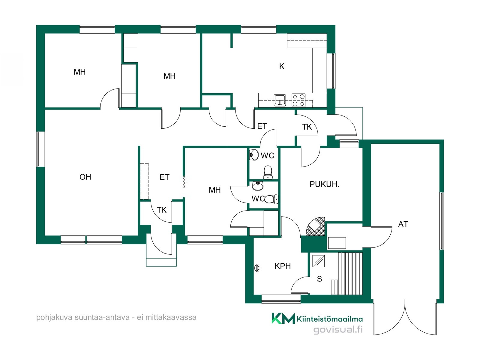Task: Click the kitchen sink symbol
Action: point(280,100)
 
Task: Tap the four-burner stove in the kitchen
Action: point(299,100)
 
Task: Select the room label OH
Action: point(85,177)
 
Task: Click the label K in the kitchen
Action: point(282,66)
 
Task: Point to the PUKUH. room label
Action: point(325,184)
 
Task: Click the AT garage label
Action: point(403,224)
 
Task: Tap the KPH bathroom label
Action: point(283,266)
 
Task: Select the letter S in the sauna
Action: point(319,279)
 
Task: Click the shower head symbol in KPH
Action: point(257,268)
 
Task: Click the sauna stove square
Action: point(318,261)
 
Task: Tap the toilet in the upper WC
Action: point(268,172)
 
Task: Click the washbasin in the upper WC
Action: point(254,154)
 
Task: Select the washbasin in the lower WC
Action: point(258,186)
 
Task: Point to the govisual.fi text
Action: point(338,329)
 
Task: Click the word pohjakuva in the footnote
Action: point(54,317)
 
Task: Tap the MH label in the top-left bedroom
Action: point(79,72)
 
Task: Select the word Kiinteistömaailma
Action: point(330,319)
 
